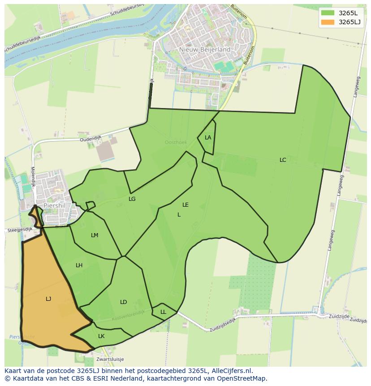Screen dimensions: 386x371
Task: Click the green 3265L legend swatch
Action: (328, 13)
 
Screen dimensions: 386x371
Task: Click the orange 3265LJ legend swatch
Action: (328, 22)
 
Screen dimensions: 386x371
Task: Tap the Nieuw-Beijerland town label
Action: (205, 49)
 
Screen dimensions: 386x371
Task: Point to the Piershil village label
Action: (55, 206)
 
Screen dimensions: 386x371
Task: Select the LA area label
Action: (208, 138)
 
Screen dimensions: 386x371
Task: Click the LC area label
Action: (283, 160)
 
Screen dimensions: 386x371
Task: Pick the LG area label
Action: (132, 199)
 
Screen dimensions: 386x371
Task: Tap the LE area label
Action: (185, 205)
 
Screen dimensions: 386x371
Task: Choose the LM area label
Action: (95, 235)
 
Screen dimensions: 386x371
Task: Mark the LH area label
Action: (79, 265)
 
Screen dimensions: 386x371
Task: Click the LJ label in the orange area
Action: (48, 299)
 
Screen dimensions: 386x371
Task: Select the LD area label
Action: (124, 302)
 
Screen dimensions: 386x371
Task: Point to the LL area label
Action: (163, 312)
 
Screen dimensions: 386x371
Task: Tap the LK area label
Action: (101, 336)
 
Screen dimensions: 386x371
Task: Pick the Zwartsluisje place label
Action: (110, 359)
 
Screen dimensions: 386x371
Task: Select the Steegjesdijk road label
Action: (20, 230)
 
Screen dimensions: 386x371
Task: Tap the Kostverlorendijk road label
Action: (128, 315)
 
